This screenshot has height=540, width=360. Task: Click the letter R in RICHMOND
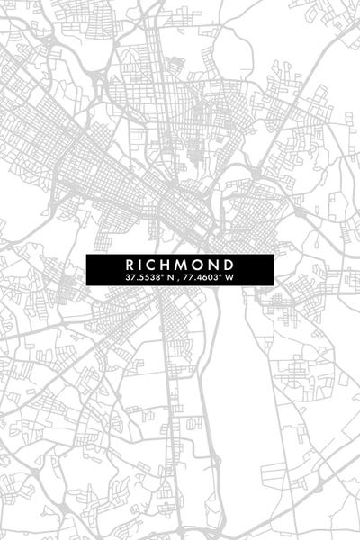131,265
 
